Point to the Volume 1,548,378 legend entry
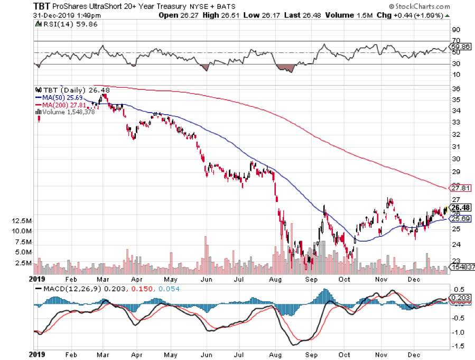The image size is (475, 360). pos(67,112)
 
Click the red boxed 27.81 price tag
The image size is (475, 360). pos(459,188)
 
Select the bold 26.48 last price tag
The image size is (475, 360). pos(459,207)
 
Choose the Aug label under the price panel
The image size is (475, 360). pos(274,277)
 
